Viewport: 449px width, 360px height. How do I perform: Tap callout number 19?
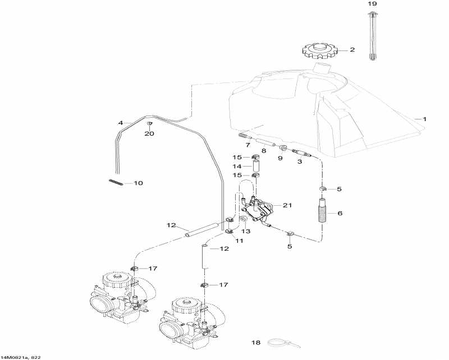tap(372, 4)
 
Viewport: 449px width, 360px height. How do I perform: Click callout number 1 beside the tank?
tap(424, 119)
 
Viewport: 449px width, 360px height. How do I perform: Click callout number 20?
tap(149, 133)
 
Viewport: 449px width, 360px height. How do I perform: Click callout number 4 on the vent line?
tap(120, 122)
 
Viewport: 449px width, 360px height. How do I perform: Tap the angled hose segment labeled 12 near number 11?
tap(201, 229)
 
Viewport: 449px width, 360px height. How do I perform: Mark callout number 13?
tap(246, 230)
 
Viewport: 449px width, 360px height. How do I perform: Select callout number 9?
tap(280, 158)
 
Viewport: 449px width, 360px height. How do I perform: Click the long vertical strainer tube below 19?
tap(372, 36)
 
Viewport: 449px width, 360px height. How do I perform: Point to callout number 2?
tap(352, 50)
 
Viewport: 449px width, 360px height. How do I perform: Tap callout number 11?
tap(240, 241)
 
